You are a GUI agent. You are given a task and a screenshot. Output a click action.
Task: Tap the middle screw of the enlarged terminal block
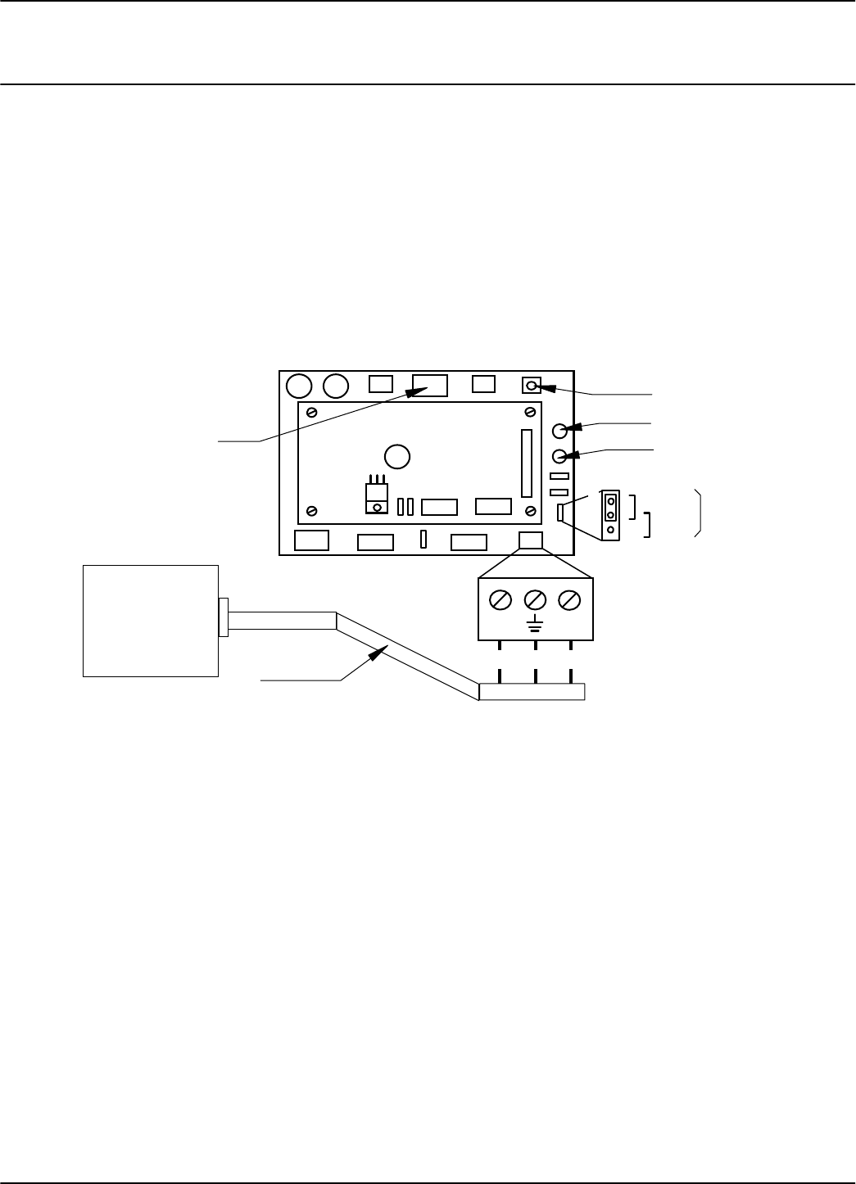[535, 600]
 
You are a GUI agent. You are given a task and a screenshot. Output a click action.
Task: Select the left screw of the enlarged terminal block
[500, 600]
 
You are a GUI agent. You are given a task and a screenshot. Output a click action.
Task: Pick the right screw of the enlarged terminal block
[570, 600]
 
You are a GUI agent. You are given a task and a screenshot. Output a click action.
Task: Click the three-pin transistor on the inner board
[377, 495]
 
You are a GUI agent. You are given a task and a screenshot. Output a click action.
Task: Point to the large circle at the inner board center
[397, 456]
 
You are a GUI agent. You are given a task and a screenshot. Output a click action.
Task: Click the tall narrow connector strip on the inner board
[526, 463]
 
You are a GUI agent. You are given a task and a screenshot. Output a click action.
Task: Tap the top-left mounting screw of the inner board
[312, 413]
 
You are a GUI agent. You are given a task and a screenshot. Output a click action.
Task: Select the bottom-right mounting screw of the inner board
[531, 512]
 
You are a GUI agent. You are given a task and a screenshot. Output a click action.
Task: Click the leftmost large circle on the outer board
[300, 385]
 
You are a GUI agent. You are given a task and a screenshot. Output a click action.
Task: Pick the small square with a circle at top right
[532, 385]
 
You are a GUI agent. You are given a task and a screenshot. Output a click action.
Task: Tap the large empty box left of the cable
[151, 621]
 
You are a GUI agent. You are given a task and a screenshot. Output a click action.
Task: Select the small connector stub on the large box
[223, 617]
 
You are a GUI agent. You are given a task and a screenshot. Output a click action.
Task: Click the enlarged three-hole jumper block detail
[611, 515]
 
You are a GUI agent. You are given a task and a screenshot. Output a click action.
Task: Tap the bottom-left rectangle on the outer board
[311, 540]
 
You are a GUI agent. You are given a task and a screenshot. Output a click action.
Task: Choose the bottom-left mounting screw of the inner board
[312, 512]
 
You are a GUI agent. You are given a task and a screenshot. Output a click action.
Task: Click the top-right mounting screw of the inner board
[531, 413]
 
